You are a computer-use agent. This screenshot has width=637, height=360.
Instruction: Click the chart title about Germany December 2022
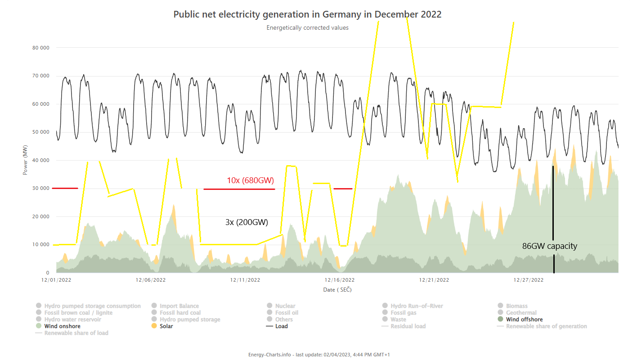307,14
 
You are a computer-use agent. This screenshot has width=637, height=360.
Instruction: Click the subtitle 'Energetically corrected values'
307,28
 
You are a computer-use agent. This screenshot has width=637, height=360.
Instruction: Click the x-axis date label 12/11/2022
245,280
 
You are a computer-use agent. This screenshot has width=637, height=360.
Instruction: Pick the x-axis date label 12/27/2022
529,280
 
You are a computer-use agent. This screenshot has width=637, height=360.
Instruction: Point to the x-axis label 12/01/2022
56,280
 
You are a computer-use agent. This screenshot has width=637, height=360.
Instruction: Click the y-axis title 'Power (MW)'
26,160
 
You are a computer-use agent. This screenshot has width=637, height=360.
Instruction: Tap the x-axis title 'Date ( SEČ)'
337,290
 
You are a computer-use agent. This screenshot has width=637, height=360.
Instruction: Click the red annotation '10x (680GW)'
250,180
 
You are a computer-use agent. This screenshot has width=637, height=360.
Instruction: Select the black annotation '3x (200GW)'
247,222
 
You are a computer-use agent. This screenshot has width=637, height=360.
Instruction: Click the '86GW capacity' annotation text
549,246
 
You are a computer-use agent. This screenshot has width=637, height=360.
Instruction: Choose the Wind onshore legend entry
62,326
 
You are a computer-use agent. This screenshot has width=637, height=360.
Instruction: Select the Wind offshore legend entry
524,319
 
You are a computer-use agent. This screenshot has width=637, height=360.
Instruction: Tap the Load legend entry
281,326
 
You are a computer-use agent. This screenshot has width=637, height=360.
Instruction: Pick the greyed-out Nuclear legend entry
285,306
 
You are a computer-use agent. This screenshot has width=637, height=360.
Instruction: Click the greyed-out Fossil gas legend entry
403,313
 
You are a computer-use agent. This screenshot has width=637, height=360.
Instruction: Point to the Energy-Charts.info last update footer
318,355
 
